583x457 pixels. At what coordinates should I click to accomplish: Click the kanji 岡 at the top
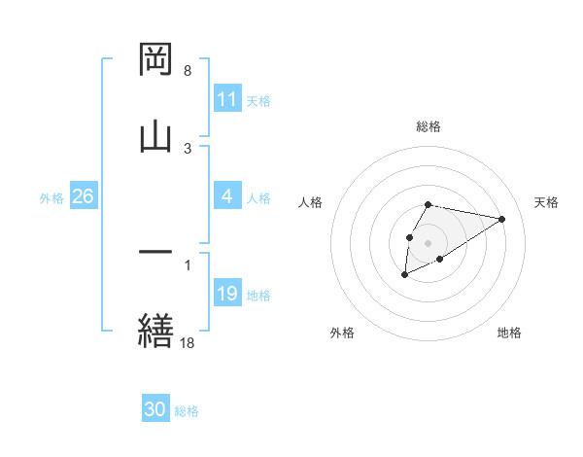click(156, 59)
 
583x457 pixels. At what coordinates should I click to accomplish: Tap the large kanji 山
click(156, 135)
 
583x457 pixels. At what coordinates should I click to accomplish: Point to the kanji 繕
click(156, 330)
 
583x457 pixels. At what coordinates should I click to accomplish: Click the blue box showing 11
click(227, 99)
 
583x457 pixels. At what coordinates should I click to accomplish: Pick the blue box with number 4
click(227, 196)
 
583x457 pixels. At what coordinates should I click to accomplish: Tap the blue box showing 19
click(227, 294)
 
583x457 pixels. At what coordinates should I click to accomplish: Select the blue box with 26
click(83, 196)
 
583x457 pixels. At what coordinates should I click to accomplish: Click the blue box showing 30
click(155, 410)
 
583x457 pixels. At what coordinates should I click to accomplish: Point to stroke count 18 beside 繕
click(188, 342)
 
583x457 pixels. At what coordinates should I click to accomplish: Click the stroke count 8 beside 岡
click(187, 71)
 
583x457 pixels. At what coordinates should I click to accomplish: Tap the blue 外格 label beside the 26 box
click(51, 197)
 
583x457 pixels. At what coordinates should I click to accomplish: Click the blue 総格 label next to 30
click(187, 411)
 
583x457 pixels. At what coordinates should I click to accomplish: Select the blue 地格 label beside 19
click(259, 295)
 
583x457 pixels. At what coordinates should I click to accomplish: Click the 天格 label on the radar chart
click(547, 202)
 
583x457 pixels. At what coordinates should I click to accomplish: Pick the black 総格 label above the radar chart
click(429, 126)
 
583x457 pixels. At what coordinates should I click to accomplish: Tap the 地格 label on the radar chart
click(509, 333)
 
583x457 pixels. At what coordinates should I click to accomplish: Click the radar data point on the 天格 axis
click(501, 219)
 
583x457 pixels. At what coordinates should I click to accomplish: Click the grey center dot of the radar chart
click(429, 242)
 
